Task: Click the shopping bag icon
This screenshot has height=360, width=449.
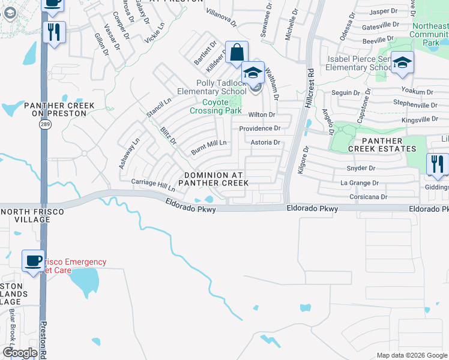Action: coord(237,52)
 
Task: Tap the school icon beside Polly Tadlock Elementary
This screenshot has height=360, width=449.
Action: coord(253,73)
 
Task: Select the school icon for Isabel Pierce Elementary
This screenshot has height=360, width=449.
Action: coord(402,62)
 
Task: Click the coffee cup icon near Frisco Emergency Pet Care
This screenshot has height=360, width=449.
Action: coord(33,260)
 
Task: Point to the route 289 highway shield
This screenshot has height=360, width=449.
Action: coord(44,124)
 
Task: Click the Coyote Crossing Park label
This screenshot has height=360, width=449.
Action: coord(215,106)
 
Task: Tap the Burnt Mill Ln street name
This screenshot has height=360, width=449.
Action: coord(208,143)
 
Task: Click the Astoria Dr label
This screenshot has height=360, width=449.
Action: coord(265,143)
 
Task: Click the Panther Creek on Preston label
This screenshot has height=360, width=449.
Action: coord(59,109)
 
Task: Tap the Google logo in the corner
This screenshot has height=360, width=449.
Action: coord(20,353)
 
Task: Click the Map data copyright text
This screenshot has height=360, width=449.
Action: coord(412,355)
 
